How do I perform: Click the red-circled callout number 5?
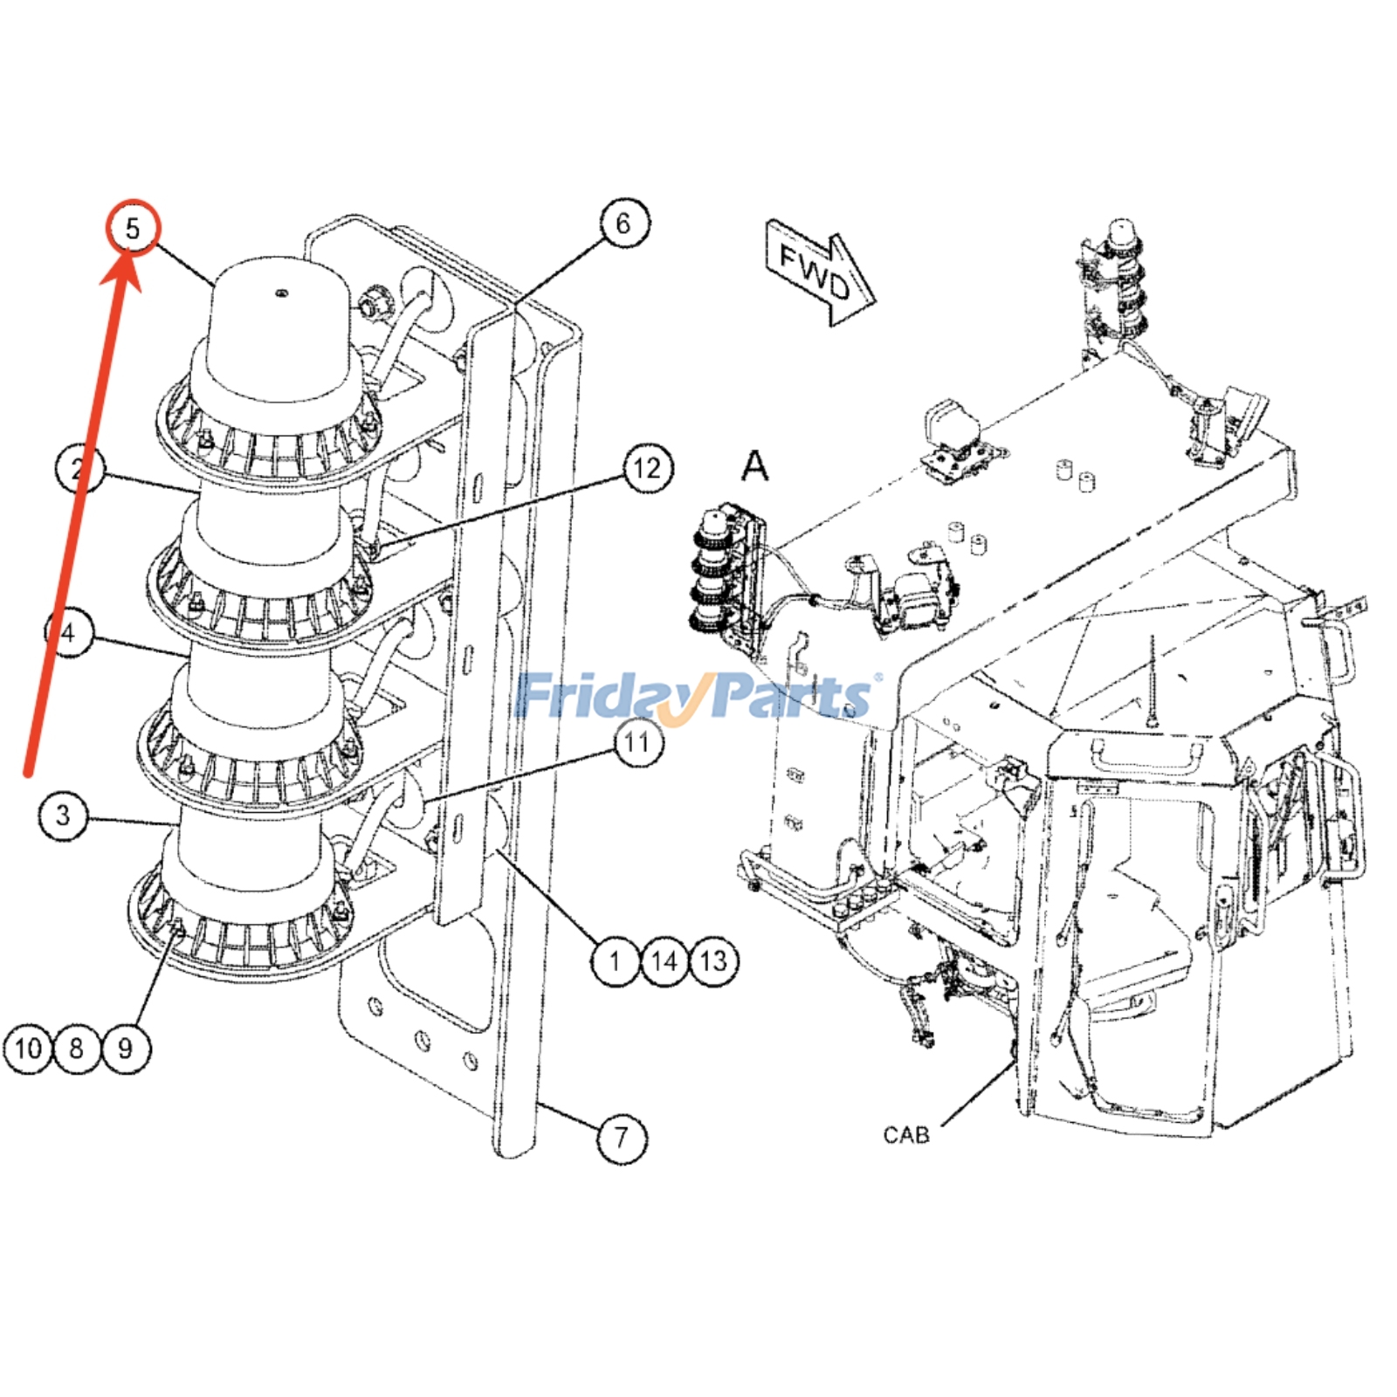pyautogui.click(x=133, y=229)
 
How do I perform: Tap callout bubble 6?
pyautogui.click(x=623, y=224)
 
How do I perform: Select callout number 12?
pyautogui.click(x=647, y=469)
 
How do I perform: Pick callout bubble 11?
pyautogui.click(x=637, y=743)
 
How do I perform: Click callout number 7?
pyautogui.click(x=622, y=1138)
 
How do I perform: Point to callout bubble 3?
pyautogui.click(x=63, y=815)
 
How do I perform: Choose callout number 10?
pyautogui.click(x=28, y=1048)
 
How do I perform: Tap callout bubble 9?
pyautogui.click(x=126, y=1048)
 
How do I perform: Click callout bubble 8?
pyautogui.click(x=77, y=1048)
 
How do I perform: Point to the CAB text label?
pyautogui.click(x=906, y=1135)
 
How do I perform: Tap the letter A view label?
pyautogui.click(x=755, y=466)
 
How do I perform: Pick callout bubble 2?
pyautogui.click(x=79, y=470)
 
